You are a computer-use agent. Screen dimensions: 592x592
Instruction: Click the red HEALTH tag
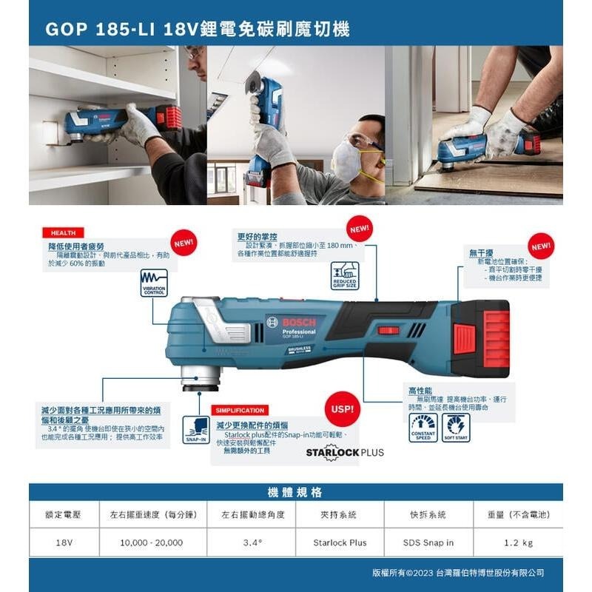[x=63, y=232]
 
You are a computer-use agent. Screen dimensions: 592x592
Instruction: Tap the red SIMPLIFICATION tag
[x=240, y=410]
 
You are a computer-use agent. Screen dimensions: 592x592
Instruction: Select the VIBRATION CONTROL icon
[x=154, y=283]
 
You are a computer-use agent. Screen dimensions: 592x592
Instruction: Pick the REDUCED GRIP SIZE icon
[x=345, y=275]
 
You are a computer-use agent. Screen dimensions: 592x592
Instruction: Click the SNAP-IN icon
[x=195, y=430]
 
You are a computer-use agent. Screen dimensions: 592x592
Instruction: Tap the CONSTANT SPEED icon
[x=423, y=428]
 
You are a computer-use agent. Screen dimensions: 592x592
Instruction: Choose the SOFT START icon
[x=456, y=428]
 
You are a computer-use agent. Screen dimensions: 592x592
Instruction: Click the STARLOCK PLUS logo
[x=346, y=452]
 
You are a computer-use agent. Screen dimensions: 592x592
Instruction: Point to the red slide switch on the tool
[x=388, y=330]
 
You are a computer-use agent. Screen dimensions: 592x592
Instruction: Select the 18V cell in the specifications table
[x=64, y=542]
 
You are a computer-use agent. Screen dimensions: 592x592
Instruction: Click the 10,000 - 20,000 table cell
[x=151, y=542]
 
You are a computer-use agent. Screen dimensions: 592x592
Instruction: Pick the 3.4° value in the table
[x=253, y=542]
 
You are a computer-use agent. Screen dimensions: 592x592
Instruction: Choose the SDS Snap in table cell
[x=428, y=542]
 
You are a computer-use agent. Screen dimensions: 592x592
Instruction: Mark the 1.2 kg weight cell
[x=518, y=542]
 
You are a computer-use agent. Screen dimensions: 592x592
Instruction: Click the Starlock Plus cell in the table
[x=340, y=542]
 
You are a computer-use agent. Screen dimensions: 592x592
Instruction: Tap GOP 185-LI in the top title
[x=92, y=30]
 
